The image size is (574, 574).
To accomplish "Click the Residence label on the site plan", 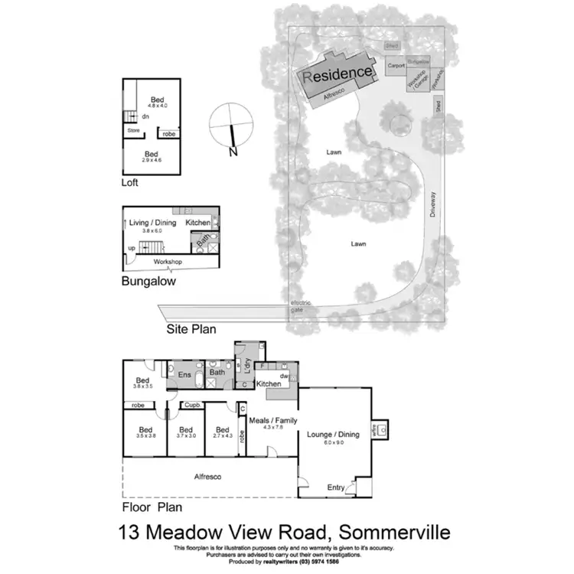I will click(339, 74).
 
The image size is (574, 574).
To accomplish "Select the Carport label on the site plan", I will click(396, 67).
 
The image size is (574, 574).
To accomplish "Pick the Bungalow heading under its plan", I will click(148, 281).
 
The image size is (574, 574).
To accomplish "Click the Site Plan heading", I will click(191, 330).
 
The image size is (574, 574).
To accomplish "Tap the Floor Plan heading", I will click(152, 507).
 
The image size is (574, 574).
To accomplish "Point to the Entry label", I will click(336, 488).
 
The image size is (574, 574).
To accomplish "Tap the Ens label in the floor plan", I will click(184, 375).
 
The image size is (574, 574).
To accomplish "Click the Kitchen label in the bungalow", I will click(197, 223).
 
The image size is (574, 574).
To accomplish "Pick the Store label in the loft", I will click(133, 131).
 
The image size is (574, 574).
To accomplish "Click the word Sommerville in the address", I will click(390, 531).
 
